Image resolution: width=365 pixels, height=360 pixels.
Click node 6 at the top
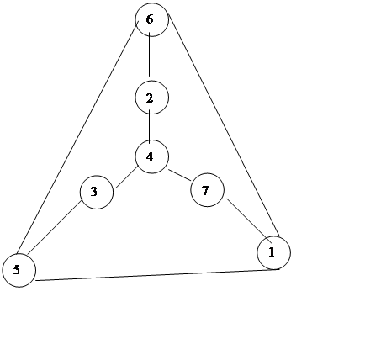click(152, 19)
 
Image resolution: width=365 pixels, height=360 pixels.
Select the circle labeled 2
click(152, 98)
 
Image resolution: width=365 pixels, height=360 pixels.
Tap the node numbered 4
click(152, 156)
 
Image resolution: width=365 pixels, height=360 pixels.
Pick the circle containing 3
click(97, 193)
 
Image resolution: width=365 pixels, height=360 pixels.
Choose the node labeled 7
click(208, 190)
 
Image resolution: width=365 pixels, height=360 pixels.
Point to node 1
click(274, 252)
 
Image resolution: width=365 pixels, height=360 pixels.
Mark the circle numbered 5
click(19, 270)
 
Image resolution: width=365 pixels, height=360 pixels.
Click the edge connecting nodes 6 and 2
click(149, 55)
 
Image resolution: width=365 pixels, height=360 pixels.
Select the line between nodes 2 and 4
click(149, 127)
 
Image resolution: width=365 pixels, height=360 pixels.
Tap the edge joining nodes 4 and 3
click(127, 177)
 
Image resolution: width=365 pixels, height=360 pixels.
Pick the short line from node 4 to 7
click(179, 175)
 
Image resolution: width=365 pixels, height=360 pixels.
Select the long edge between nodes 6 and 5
click(77, 137)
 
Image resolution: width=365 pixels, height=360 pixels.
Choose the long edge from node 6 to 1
click(224, 125)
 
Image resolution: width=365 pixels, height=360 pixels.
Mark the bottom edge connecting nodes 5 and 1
click(158, 275)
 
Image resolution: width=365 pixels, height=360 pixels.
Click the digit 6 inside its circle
click(150, 19)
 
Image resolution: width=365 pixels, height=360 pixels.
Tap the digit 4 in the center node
click(150, 157)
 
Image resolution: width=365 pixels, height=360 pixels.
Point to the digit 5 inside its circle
click(17, 270)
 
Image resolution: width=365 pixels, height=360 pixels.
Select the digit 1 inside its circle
click(272, 252)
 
